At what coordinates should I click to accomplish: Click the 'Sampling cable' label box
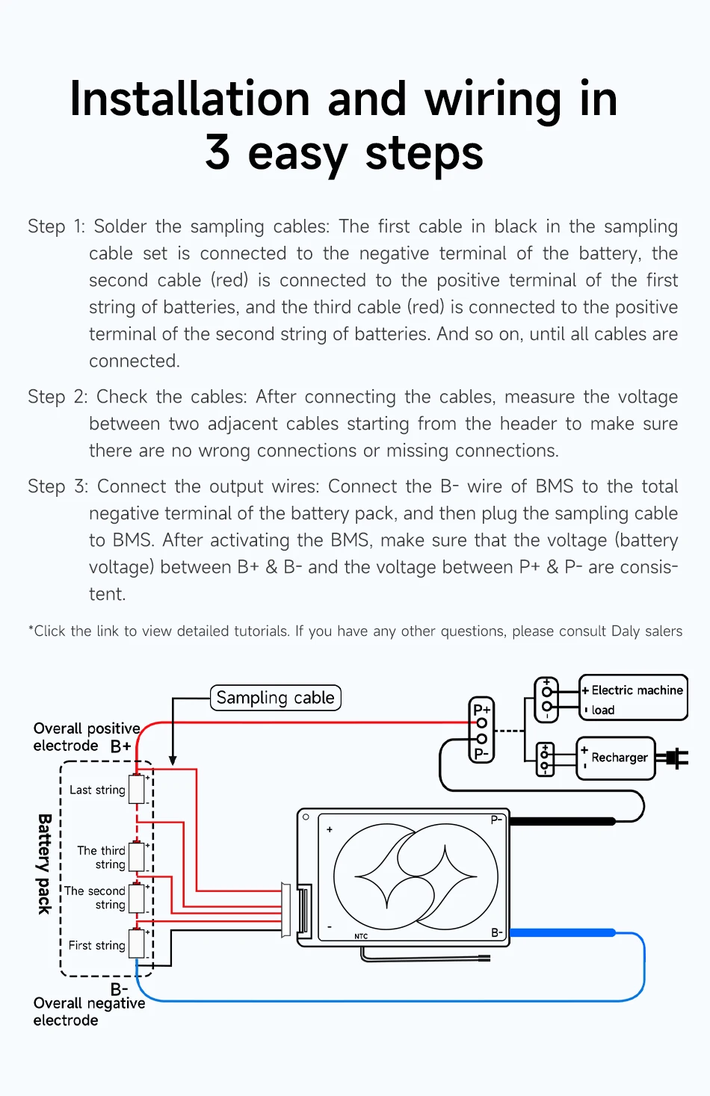275,698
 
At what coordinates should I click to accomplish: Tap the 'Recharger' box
616,758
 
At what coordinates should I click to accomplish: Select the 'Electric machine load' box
633,699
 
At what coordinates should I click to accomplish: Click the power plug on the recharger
676,758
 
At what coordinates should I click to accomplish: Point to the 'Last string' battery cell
137,789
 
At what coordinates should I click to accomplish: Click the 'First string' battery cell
137,944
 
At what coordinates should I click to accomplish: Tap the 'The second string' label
95,897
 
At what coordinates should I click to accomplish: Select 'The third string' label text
102,857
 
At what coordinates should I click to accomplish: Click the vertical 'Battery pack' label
45,863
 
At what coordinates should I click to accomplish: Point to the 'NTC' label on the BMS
361,936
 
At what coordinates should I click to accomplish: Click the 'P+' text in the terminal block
481,709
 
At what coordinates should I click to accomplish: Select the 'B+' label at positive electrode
120,746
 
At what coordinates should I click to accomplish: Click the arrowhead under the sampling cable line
173,761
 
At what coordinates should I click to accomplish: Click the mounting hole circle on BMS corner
306,817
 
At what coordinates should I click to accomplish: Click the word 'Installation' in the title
189,99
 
